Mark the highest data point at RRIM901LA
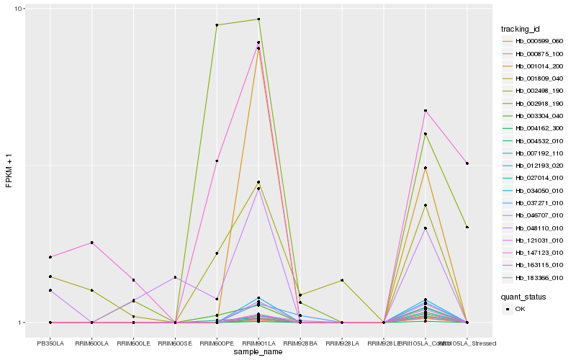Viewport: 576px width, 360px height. (x=258, y=19)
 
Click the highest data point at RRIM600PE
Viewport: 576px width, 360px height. (x=217, y=25)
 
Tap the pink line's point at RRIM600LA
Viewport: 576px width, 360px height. (x=92, y=243)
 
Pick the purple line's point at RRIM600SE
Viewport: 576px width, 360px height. (x=175, y=277)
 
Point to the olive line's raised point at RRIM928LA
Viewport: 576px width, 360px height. (x=342, y=280)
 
